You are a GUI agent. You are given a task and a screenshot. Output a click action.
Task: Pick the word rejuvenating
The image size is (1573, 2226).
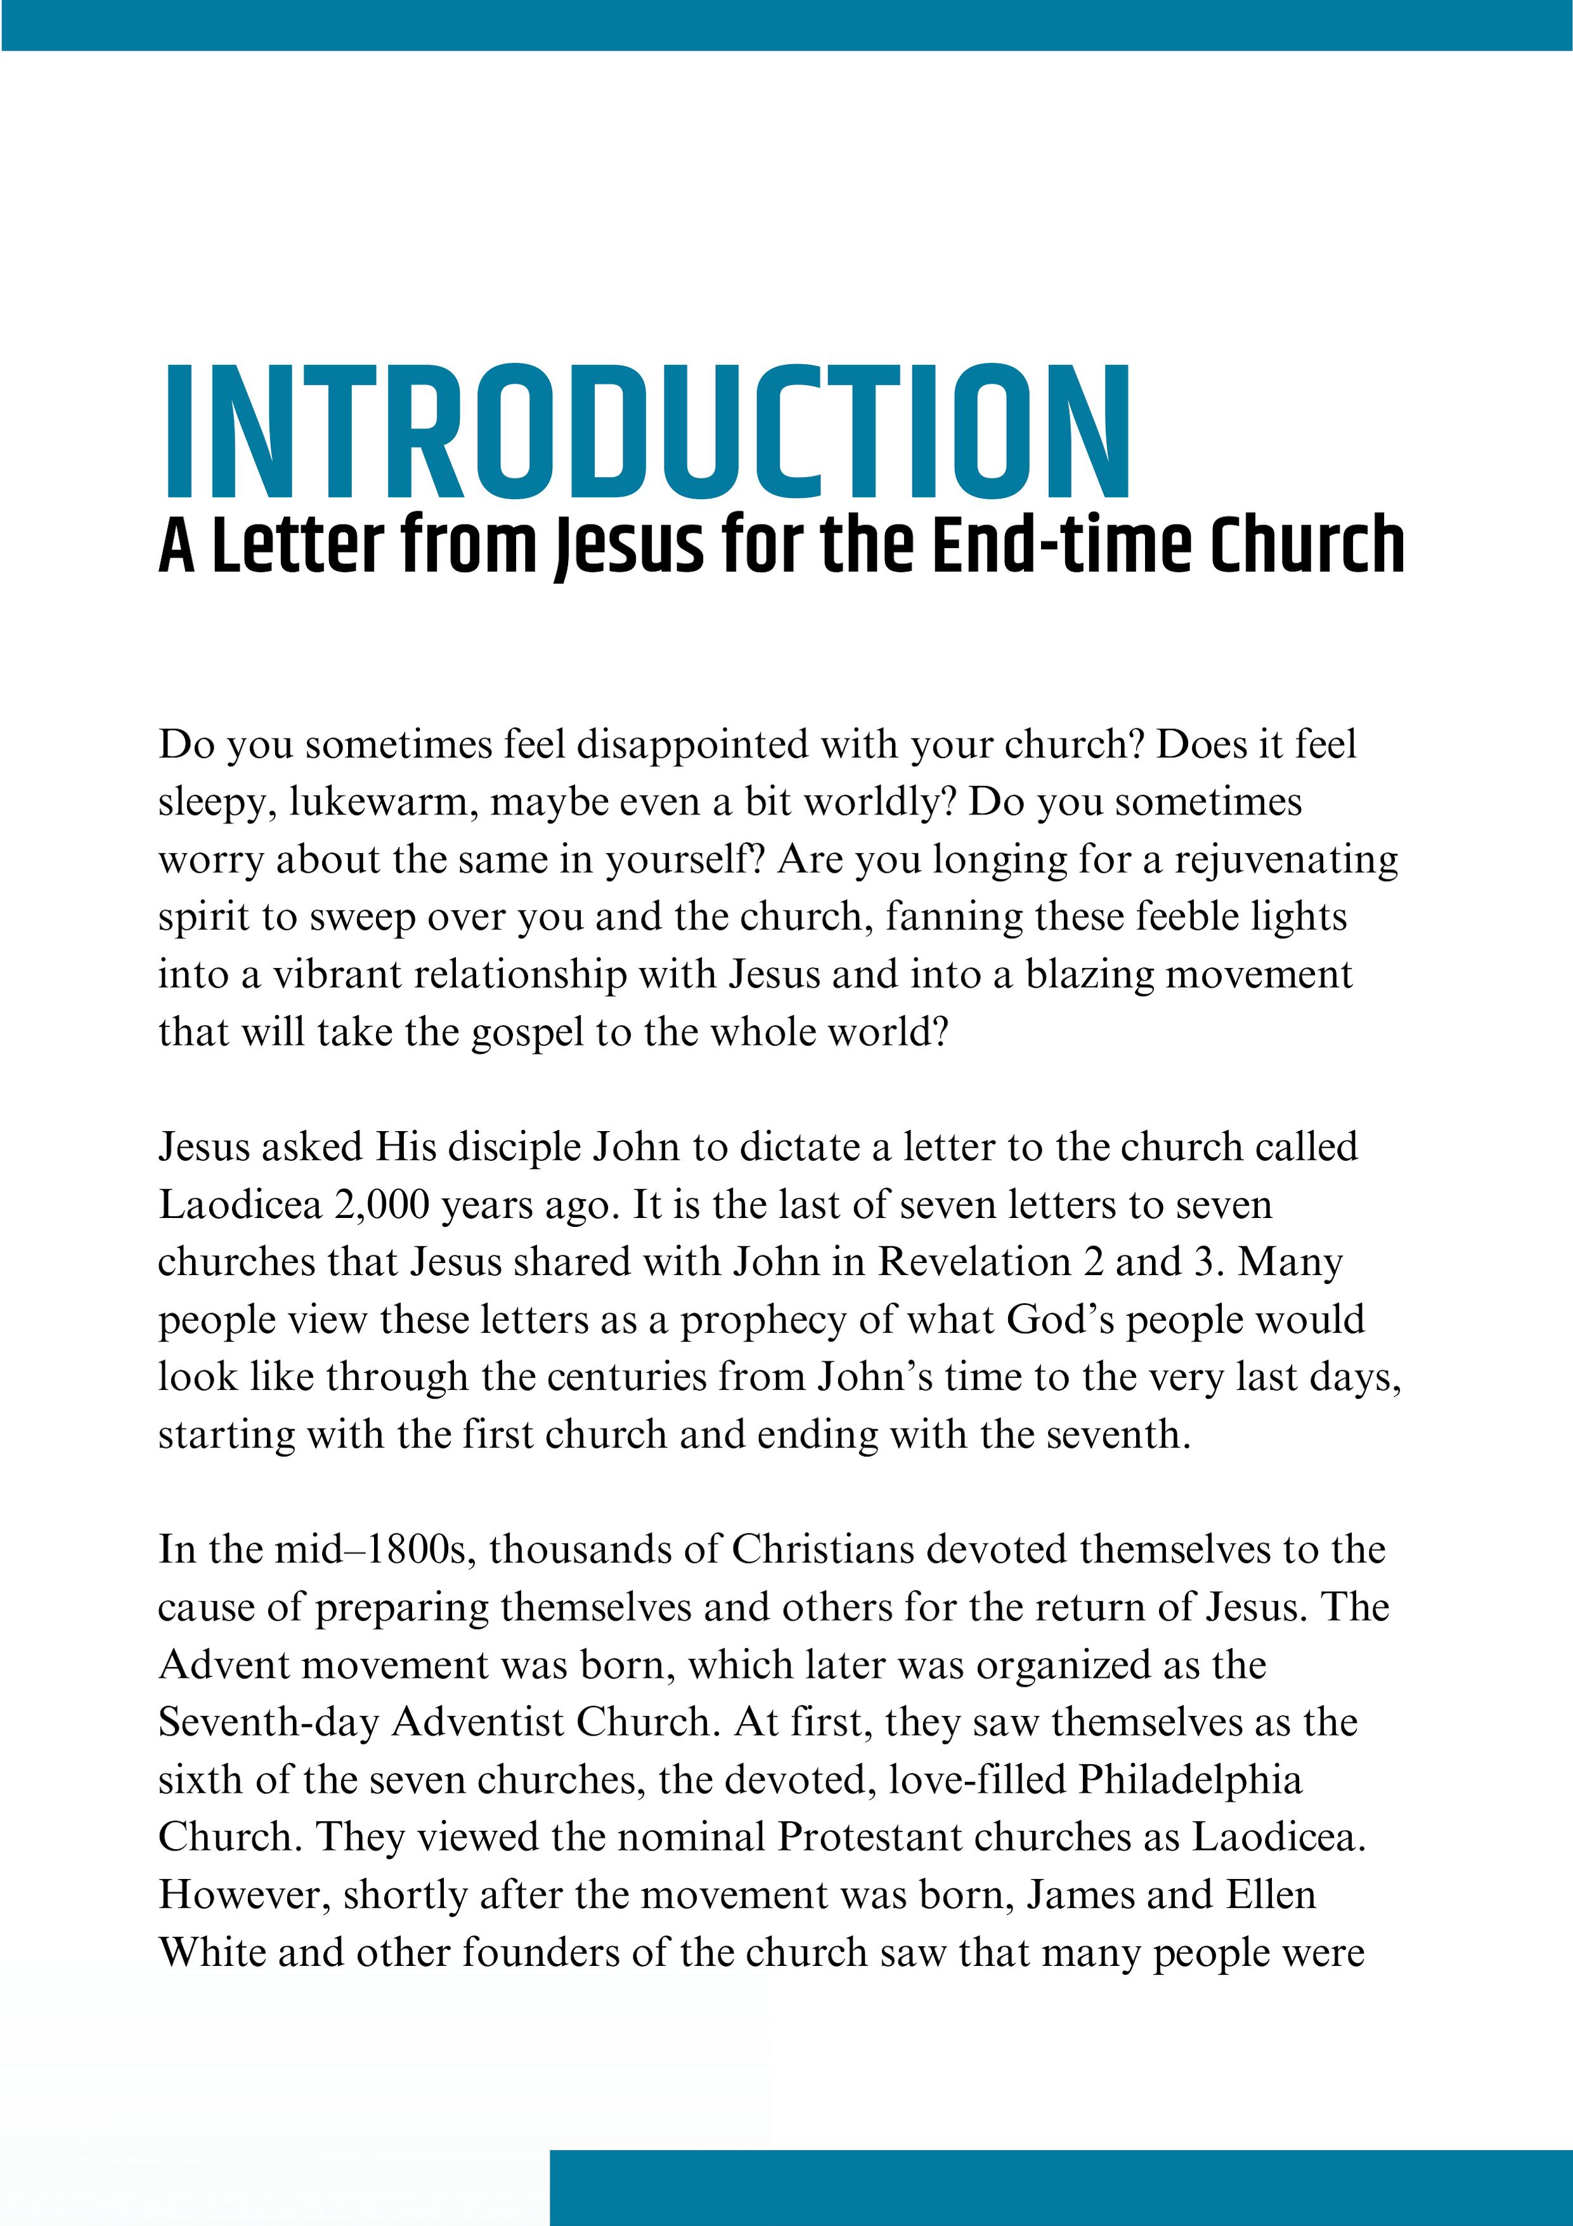click(x=1287, y=861)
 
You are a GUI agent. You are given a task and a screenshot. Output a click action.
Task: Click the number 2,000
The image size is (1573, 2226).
click(x=381, y=1205)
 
